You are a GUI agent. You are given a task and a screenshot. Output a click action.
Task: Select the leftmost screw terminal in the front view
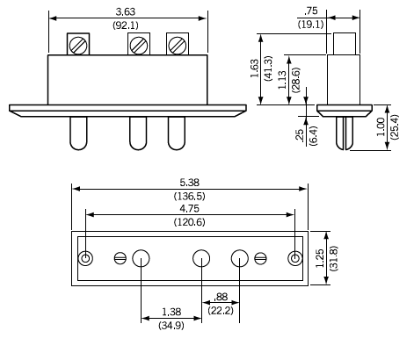[78, 44]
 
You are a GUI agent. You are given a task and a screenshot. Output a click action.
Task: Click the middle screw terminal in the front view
[137, 44]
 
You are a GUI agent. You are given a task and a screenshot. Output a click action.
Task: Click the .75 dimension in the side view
[333, 11]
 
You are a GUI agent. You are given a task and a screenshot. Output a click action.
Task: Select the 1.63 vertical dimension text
[255, 67]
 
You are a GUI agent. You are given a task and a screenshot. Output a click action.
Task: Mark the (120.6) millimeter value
[191, 224]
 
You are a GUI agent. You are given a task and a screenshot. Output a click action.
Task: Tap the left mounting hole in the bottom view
[86, 258]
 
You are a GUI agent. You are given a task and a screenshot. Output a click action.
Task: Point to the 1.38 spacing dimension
[172, 312]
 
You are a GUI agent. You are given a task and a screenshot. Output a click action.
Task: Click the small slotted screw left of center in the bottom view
[120, 258]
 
